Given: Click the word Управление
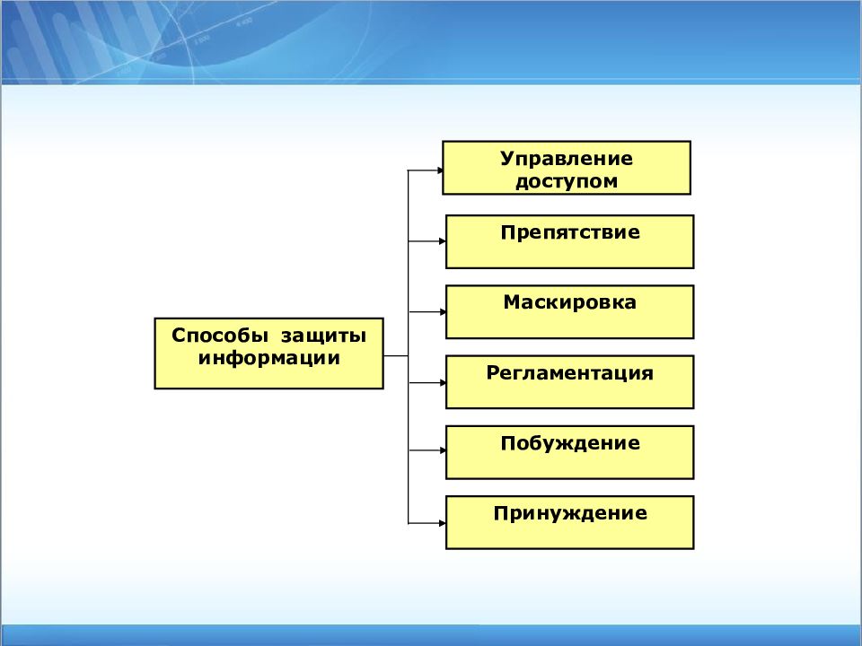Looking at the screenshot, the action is pyautogui.click(x=567, y=159).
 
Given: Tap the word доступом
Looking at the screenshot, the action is pyautogui.click(x=567, y=181).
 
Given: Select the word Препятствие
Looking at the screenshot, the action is pyautogui.click(x=570, y=232).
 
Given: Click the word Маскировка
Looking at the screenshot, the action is pyautogui.click(x=570, y=302).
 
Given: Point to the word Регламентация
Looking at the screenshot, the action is pyautogui.click(x=570, y=373).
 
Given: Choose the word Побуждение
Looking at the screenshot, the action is pyautogui.click(x=570, y=443).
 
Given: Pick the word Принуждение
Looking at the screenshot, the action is pyautogui.click(x=570, y=513).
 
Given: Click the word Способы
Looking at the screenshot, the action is pyautogui.click(x=220, y=336).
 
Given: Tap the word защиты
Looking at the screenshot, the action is pyautogui.click(x=324, y=336).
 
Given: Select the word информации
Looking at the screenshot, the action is pyautogui.click(x=268, y=358).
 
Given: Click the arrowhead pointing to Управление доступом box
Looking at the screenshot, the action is pyautogui.click(x=440, y=170).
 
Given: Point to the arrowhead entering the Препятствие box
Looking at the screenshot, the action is pyautogui.click(x=443, y=241).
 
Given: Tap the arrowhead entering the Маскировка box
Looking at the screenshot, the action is pyautogui.click(x=443, y=312).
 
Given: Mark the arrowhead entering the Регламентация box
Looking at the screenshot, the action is pyautogui.click(x=443, y=382).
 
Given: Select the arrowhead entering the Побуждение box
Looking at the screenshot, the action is pyautogui.click(x=443, y=450).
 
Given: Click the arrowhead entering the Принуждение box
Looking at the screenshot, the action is pyautogui.click(x=443, y=523).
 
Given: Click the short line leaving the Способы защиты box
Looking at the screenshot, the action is pyautogui.click(x=396, y=356).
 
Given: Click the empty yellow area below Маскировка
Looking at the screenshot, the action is pyautogui.click(x=570, y=325).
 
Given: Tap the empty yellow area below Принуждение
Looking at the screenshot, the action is pyautogui.click(x=570, y=536).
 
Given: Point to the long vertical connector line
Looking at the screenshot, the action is pyautogui.click(x=408, y=346).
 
